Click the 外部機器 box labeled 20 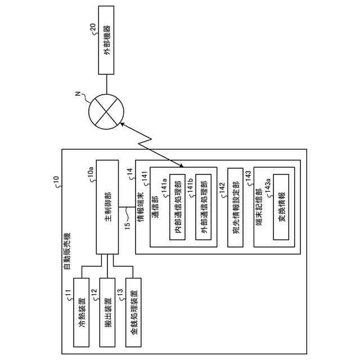(x=106, y=40)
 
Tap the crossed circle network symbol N (x=106, y=111)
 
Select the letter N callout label (x=79, y=94)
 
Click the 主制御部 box (x=107, y=207)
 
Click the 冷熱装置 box (x=81, y=312)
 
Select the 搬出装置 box (x=107, y=312)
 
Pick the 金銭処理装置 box (x=133, y=312)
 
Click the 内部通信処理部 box (x=178, y=207)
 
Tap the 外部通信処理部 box (x=204, y=207)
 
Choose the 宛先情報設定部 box (x=235, y=208)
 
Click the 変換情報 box (x=281, y=207)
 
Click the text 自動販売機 (x=67, y=251)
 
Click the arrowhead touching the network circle (x=122, y=124)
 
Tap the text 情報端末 (x=141, y=207)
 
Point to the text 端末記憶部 (x=259, y=207)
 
